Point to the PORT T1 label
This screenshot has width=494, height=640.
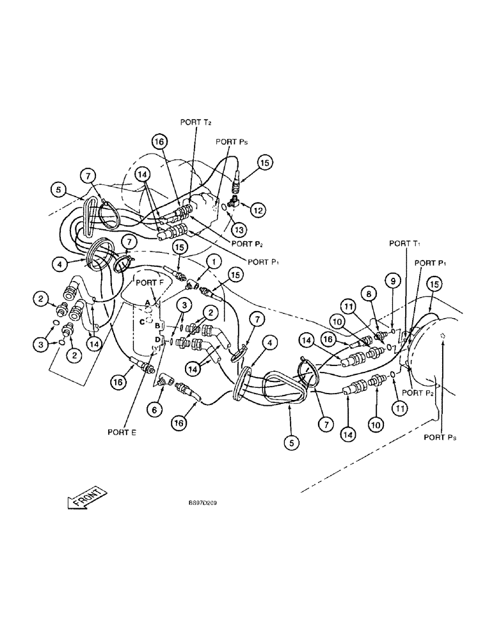[x=402, y=243]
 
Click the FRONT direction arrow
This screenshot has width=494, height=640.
[x=83, y=497]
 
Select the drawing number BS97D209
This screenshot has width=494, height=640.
[x=202, y=504]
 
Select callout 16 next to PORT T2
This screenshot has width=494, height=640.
[x=159, y=141]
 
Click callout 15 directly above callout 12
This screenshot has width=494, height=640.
[x=266, y=163]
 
